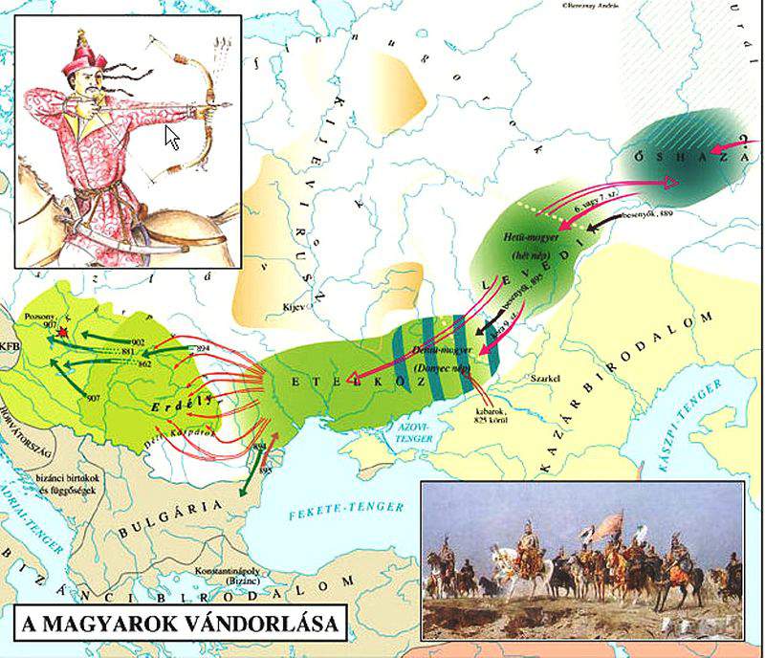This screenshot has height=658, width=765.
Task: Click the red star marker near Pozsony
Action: point(63,331)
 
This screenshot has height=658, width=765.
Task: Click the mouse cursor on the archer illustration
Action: point(173,137)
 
